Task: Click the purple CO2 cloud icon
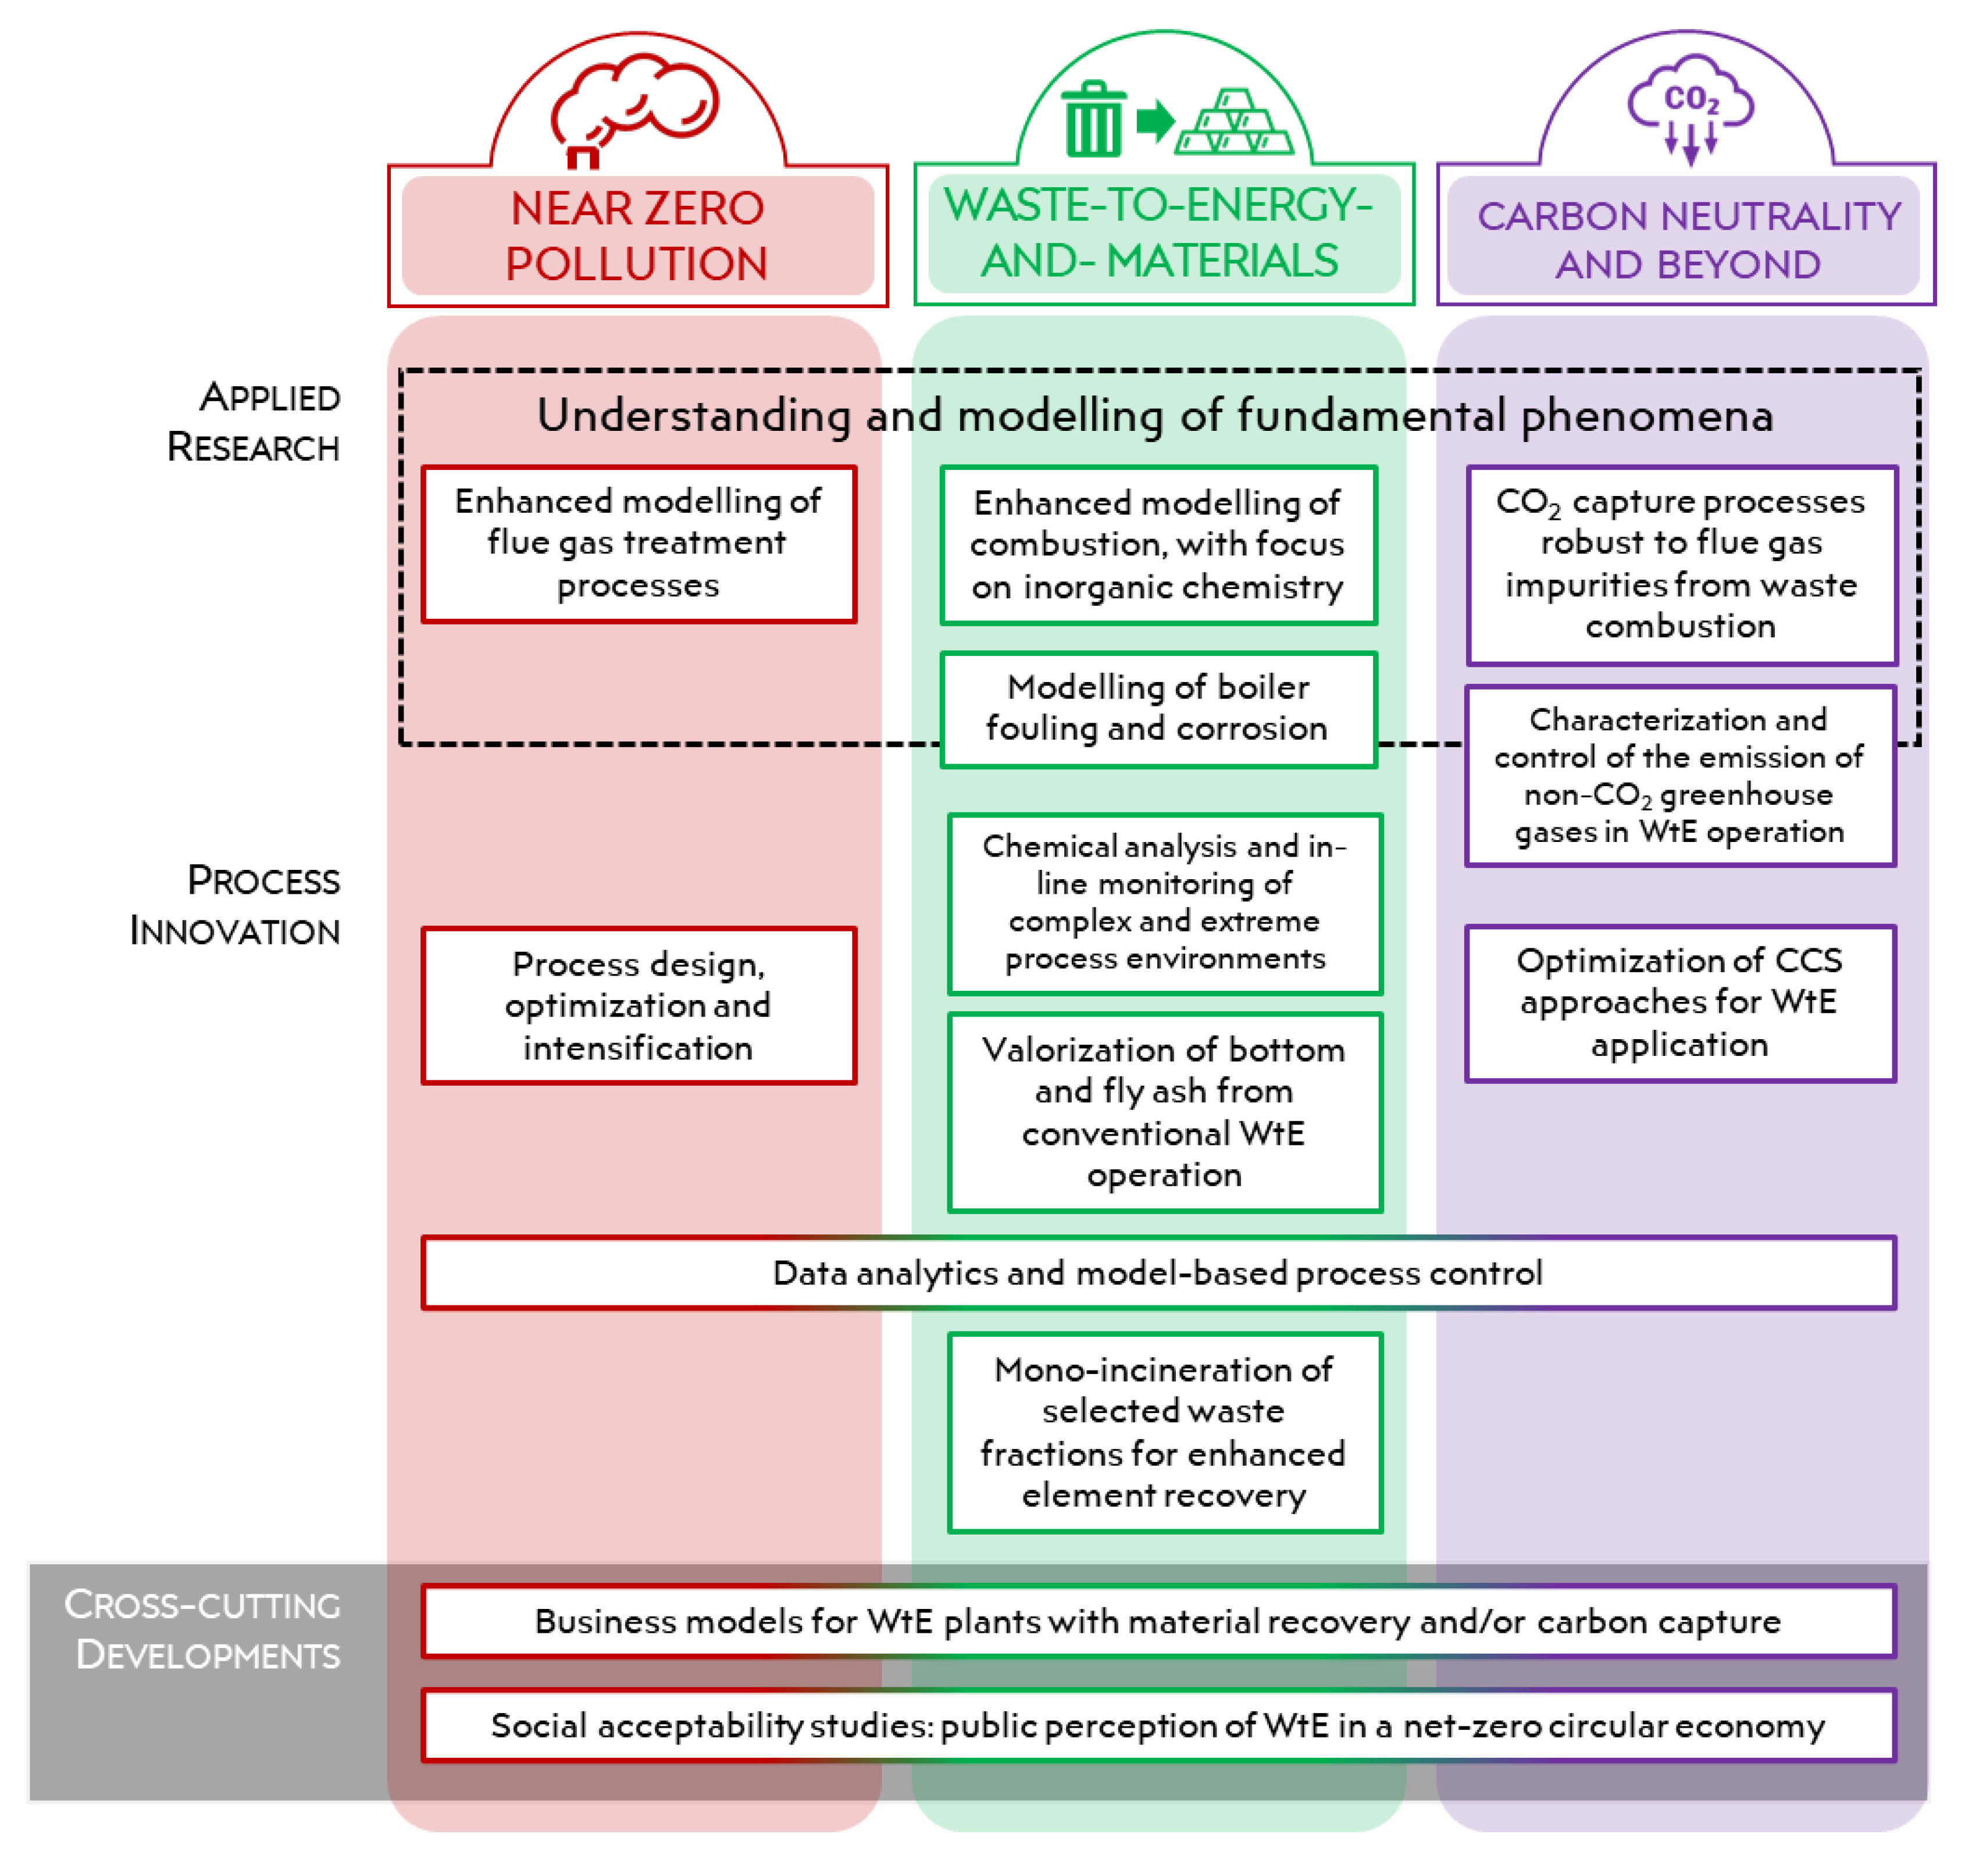[1691, 107]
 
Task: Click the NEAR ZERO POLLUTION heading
[637, 236]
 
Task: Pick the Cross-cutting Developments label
[203, 1629]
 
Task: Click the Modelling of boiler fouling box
[1157, 708]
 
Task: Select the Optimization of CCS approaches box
[1679, 1003]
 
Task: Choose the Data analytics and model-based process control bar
[1157, 1272]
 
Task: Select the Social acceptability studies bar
[1157, 1725]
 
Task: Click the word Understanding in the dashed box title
[694, 415]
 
